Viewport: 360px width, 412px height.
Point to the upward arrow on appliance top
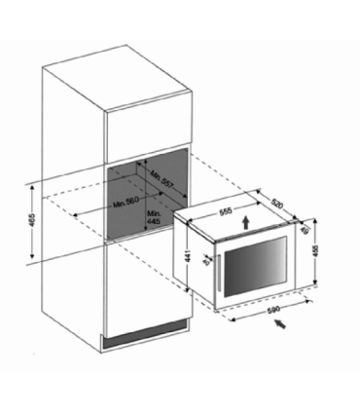[x=244, y=222]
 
